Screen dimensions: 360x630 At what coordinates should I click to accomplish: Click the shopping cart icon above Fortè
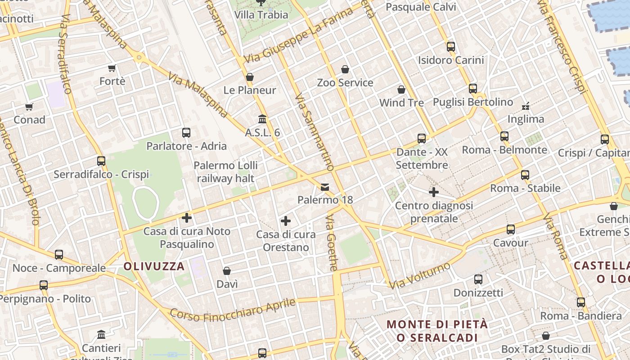112,68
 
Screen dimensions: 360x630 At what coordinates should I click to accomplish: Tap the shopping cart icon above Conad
29,107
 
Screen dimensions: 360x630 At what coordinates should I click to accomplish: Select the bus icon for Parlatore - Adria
186,133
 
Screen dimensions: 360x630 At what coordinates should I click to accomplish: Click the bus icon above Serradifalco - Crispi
101,161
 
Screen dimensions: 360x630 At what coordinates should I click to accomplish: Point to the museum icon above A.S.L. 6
262,119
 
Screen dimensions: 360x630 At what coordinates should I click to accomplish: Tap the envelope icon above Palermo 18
325,187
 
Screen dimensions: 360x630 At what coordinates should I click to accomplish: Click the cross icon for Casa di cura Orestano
285,221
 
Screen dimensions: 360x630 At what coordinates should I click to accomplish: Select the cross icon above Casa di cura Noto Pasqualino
187,218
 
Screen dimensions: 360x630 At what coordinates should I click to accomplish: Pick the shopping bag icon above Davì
227,271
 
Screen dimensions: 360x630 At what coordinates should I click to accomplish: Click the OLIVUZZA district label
154,266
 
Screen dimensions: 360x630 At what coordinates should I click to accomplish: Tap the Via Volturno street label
419,275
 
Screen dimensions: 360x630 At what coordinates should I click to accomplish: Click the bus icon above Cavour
511,229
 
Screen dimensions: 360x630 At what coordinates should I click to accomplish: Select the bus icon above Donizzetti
478,279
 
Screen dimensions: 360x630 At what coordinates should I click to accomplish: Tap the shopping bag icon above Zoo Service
345,69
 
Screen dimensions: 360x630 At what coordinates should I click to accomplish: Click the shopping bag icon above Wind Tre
401,90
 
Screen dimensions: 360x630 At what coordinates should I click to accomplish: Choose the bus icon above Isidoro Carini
451,47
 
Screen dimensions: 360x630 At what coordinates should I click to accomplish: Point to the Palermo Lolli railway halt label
225,172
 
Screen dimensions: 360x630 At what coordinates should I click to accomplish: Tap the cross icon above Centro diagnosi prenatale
434,193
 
